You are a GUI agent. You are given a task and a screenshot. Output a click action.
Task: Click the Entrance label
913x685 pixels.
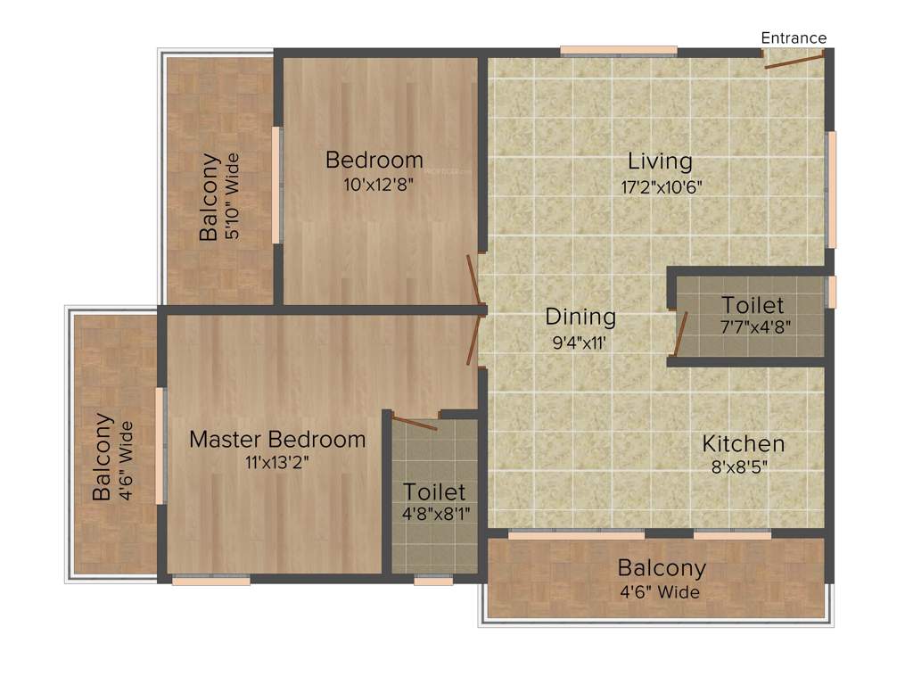(x=793, y=37)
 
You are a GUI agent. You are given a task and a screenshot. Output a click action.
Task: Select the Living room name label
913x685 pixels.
(x=660, y=161)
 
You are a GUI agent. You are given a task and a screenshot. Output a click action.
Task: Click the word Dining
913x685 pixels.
(x=580, y=317)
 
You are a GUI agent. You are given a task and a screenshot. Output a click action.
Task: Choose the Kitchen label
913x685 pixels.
(x=743, y=443)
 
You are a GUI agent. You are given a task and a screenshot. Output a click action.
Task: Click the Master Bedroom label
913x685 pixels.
(x=277, y=439)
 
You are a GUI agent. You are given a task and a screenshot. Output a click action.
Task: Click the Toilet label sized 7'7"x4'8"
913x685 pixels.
(x=753, y=305)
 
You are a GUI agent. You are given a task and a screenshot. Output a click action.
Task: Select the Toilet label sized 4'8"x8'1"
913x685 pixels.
(x=434, y=491)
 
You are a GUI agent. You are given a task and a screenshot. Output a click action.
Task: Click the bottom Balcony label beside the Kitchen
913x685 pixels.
(x=662, y=567)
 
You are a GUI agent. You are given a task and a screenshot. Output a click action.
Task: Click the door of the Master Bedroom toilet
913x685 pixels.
(x=415, y=423)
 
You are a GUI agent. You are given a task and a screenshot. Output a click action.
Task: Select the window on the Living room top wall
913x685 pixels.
(x=618, y=51)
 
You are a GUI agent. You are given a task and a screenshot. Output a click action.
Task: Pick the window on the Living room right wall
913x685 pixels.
(x=831, y=189)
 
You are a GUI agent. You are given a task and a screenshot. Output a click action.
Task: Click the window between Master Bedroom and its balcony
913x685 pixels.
(x=161, y=446)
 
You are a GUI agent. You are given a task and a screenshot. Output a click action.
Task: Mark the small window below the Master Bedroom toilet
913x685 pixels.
(x=433, y=580)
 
